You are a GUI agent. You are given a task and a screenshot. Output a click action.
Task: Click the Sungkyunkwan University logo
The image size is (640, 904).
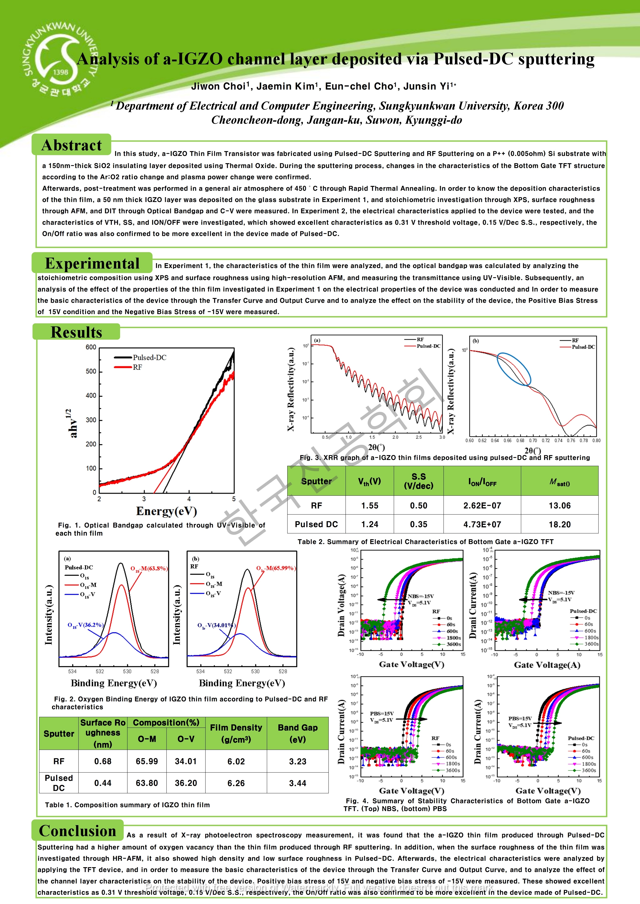(59, 59)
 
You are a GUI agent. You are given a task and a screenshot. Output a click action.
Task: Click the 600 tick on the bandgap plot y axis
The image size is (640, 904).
(91, 347)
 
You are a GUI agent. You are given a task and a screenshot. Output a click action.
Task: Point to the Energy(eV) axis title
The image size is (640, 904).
(166, 511)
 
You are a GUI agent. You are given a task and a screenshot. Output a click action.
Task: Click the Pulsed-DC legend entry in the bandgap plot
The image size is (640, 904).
(149, 358)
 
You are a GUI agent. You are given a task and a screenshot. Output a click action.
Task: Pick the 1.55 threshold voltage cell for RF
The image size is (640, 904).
(370, 506)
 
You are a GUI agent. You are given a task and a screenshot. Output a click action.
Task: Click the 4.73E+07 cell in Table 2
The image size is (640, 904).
(482, 525)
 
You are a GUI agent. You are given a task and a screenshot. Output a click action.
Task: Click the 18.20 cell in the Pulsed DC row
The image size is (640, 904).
(560, 525)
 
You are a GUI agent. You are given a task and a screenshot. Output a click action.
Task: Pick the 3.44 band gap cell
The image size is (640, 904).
(298, 783)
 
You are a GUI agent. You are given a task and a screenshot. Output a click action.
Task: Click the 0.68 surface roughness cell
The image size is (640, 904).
(103, 762)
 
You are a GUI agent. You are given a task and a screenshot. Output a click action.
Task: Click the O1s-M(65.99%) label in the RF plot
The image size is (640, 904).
(276, 568)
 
